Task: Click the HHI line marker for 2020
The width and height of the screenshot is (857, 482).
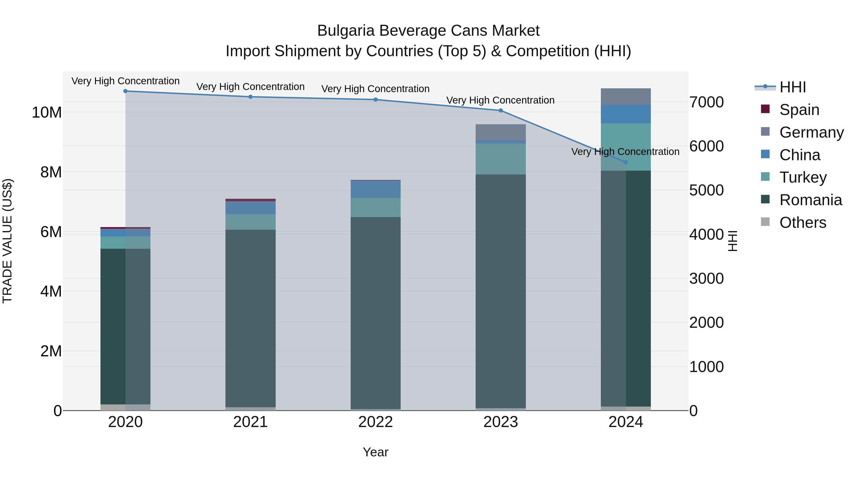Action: coord(125,91)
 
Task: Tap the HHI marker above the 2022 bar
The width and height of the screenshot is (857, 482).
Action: coord(376,99)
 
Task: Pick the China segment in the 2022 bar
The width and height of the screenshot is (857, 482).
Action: coord(376,189)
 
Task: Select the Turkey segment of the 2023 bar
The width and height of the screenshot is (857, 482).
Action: coord(500,159)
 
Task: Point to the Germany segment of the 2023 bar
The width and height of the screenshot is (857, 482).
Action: coord(500,132)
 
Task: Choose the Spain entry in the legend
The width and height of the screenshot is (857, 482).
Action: coord(799,110)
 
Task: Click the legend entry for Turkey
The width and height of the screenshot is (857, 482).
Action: coord(803,177)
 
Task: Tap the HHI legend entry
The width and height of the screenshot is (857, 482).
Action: coord(792,87)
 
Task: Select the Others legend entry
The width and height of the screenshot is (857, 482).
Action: coord(802,223)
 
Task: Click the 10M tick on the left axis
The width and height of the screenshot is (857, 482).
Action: coord(47,112)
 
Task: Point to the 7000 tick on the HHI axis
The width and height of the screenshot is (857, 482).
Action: coord(706,102)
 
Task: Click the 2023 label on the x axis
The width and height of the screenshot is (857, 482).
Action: coord(500,422)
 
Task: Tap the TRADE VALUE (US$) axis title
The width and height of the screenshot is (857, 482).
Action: coord(7,241)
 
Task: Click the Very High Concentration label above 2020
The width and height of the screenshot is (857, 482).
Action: coord(125,81)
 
